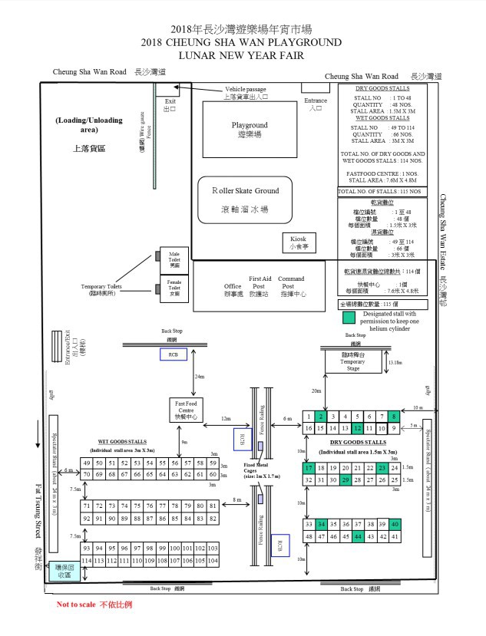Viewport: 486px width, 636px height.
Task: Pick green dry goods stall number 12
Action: pos(357,427)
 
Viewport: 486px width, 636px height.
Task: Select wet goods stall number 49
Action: pos(88,463)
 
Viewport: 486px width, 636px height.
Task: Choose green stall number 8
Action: pos(394,416)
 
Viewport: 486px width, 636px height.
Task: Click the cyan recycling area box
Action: pos(60,572)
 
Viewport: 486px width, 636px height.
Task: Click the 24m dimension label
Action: pos(200,377)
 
